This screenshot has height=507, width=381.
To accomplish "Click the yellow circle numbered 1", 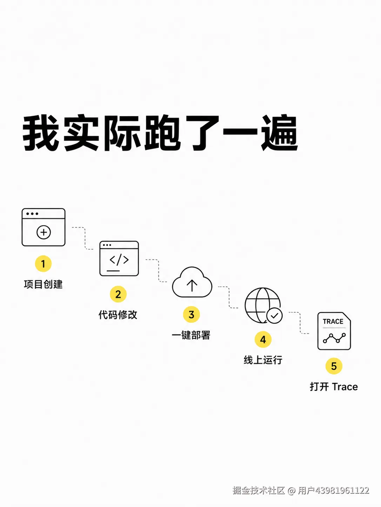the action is click(x=43, y=264).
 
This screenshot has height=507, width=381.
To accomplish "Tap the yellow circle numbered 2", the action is click(x=118, y=294).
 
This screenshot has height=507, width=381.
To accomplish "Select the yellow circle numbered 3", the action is click(x=191, y=314).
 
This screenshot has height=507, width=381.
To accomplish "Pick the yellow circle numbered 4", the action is click(x=263, y=340).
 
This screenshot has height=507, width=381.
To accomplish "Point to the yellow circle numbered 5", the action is click(x=334, y=366).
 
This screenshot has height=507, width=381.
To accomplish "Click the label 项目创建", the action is click(x=43, y=284).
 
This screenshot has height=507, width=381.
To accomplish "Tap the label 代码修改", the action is click(x=118, y=314).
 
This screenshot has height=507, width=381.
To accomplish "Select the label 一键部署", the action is click(x=191, y=335).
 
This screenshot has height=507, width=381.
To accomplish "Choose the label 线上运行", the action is click(x=263, y=360).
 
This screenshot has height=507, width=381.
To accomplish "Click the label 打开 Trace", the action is click(x=334, y=387).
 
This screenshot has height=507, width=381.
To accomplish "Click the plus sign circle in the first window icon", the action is click(x=44, y=232).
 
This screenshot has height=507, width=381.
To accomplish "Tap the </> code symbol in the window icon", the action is click(x=119, y=260).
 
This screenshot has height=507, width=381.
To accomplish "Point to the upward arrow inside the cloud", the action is click(x=192, y=285).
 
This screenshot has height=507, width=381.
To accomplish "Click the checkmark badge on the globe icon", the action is click(x=274, y=315).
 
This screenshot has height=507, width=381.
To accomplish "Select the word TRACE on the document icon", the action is click(x=333, y=321).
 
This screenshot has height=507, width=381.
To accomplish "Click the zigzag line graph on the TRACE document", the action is click(x=334, y=338).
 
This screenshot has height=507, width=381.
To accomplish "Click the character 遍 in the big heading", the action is click(x=280, y=133).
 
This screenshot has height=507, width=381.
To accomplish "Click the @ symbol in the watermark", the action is click(x=292, y=490).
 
